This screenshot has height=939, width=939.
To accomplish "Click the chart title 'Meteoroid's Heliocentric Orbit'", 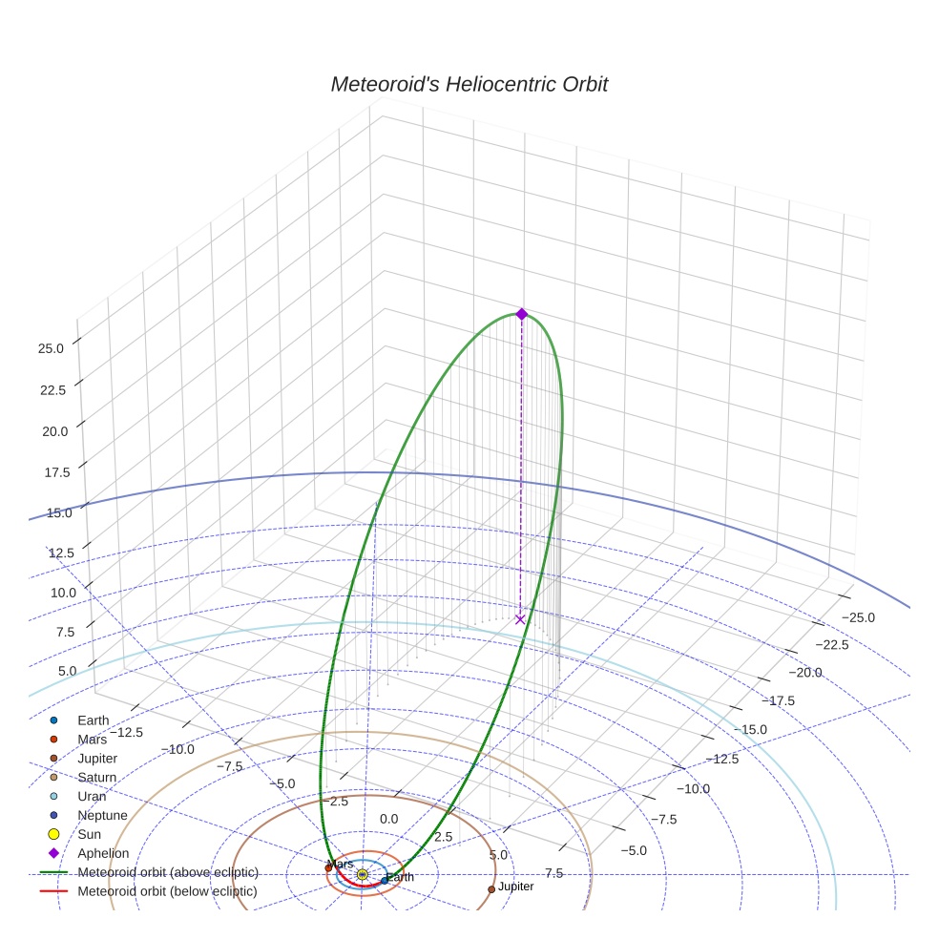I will [469, 85].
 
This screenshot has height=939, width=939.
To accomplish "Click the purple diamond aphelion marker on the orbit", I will [521, 314].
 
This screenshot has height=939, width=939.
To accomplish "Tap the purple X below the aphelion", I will [520, 619].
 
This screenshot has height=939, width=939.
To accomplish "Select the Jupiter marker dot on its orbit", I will [491, 888].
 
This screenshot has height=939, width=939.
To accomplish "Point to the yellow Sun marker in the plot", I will [363, 874].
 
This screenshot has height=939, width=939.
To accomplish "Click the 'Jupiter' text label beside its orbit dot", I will [516, 887].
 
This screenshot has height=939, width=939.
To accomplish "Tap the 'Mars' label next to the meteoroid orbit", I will [340, 864].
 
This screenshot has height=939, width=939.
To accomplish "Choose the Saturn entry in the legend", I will [97, 778].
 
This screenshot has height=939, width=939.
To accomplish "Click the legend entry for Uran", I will [92, 796].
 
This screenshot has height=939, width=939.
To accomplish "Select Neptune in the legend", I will [100, 815].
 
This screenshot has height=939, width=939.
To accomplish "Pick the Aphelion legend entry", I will [103, 853].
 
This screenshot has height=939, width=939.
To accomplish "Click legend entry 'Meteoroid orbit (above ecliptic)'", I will [168, 872].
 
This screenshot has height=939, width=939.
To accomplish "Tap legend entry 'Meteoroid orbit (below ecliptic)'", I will [168, 891].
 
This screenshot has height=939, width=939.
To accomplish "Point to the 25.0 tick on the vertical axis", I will [51, 349].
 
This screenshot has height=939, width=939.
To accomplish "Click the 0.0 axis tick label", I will [389, 820].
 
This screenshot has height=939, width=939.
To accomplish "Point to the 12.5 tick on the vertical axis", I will [61, 553].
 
